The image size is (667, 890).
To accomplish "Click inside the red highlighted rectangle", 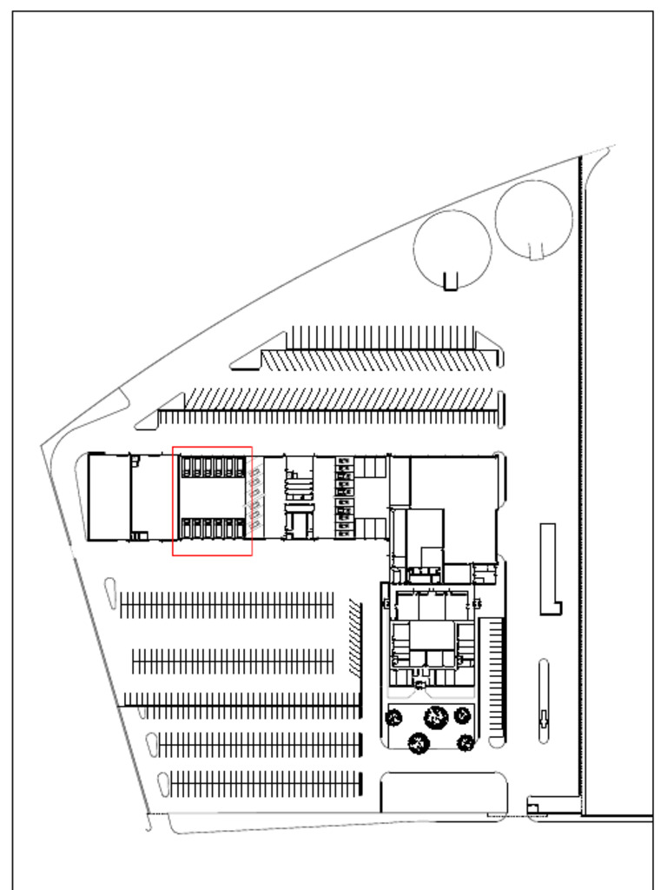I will (212, 501).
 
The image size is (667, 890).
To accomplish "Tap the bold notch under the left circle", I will (450, 282).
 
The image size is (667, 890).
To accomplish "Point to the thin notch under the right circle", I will (536, 251).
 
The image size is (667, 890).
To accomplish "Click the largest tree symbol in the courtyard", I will (435, 717).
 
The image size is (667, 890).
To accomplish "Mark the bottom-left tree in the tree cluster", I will (419, 743).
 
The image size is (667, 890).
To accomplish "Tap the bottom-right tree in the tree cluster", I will (466, 743).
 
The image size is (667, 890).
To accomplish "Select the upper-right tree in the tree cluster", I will (462, 714).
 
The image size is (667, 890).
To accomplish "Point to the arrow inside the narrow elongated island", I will (544, 718).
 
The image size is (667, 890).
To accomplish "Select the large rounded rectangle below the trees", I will (443, 792).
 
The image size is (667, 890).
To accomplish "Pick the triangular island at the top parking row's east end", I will (489, 345).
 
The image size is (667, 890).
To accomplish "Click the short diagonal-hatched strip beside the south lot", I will (354, 636).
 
